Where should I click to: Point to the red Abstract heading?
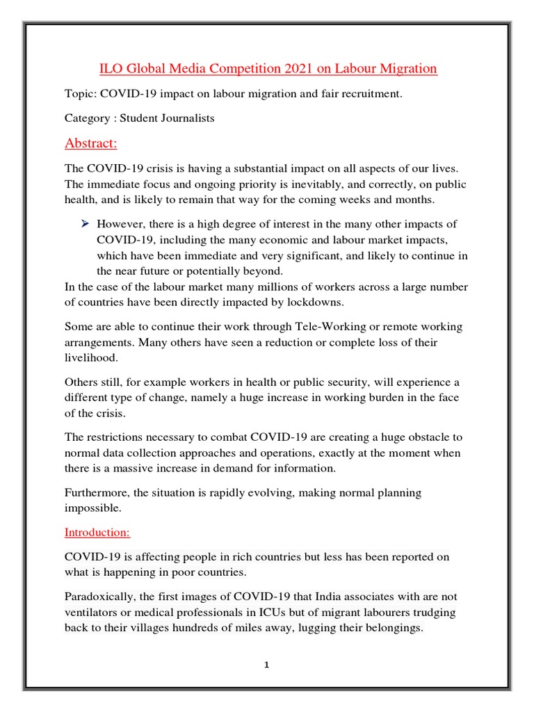click(91, 143)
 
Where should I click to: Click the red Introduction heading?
click(97, 533)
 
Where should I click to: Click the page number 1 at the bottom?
click(266, 665)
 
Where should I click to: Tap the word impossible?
click(93, 508)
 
